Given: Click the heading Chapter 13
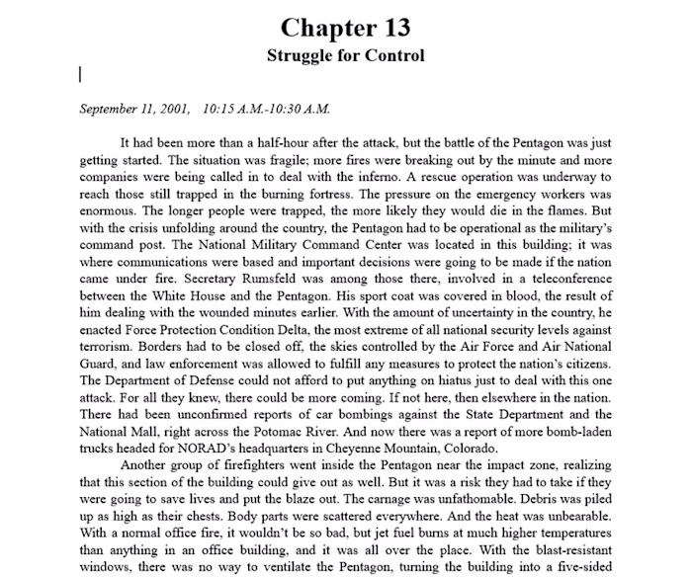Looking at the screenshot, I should click(x=345, y=27).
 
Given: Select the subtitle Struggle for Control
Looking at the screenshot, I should click(x=345, y=55).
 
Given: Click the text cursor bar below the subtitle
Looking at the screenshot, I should click(x=80, y=74).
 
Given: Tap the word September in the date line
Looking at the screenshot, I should click(x=112, y=108).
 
